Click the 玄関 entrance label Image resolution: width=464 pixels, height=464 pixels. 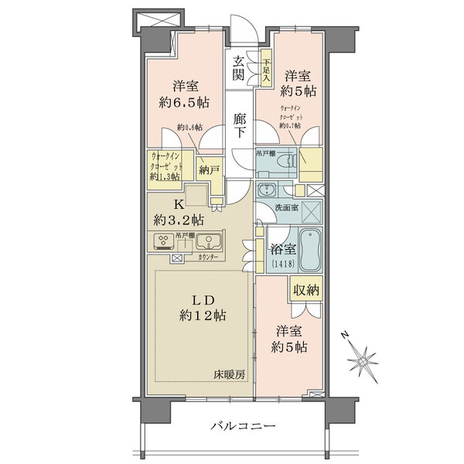pos(240,68)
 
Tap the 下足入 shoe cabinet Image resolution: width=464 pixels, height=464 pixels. pos(266,70)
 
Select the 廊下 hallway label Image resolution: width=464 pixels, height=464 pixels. pos(240,125)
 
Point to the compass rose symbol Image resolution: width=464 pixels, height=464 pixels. pos(361,361)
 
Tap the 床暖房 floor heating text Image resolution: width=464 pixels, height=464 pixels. pos(230,375)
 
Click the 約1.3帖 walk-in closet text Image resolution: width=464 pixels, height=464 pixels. pos(165,176)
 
